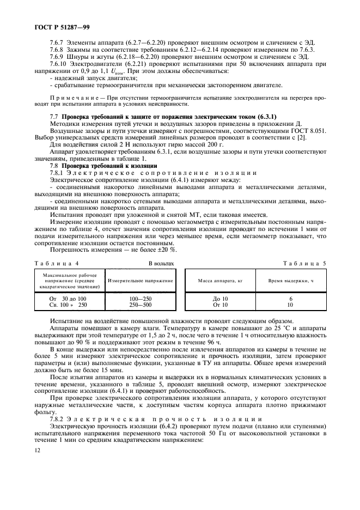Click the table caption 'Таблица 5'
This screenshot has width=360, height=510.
[x=303, y=263]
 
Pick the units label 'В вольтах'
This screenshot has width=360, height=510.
[x=162, y=263]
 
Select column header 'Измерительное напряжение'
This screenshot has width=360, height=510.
[x=141, y=280]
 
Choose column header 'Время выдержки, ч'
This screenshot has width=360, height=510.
[x=291, y=280]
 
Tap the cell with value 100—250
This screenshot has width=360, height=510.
[x=141, y=299]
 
